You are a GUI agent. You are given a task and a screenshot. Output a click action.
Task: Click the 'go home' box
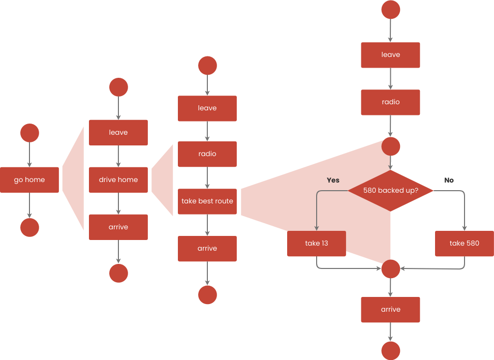coord(29,179)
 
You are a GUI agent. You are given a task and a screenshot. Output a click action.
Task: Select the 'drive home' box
coord(118,179)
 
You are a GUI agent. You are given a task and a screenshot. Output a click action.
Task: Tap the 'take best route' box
coord(207,201)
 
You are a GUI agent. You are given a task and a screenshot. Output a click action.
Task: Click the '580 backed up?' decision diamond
coord(390,191)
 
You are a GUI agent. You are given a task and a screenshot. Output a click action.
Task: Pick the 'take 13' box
coord(317,243)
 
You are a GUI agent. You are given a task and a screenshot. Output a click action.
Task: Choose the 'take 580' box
coord(465,243)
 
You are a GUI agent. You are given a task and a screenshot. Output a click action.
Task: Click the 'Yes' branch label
coord(333,180)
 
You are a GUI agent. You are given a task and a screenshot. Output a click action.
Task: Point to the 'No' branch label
coord(449,180)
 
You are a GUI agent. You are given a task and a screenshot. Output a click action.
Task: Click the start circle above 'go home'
coord(29,133)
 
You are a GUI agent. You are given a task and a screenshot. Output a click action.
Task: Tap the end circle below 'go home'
coord(29,227)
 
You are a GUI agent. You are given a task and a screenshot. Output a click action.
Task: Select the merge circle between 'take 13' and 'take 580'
coord(390,268)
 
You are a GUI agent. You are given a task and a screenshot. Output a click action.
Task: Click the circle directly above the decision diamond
coord(390,146)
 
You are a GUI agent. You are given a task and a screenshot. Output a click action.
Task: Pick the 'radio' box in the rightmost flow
coord(390,102)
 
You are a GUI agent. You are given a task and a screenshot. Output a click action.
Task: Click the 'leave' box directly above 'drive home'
coord(118,133)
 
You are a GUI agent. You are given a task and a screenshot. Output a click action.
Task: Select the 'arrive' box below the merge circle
coord(390,309)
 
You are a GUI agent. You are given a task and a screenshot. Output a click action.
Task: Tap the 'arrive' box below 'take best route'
coord(207,248)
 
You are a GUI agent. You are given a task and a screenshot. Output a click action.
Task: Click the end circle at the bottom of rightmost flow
coord(390,350)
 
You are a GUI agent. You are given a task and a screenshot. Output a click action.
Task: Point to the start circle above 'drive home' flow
coord(118,87)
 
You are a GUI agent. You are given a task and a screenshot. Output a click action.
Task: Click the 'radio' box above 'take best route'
coord(207,154)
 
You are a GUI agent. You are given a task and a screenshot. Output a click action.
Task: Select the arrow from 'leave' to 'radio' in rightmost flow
coord(390,79)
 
